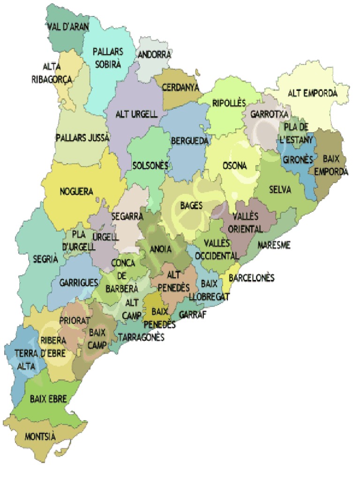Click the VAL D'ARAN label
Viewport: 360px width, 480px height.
(x=68, y=27)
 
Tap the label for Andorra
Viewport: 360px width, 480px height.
(x=154, y=55)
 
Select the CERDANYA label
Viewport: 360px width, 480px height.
(x=180, y=88)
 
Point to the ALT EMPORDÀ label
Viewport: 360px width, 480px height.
(x=312, y=93)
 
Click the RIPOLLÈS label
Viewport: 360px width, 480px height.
(x=229, y=103)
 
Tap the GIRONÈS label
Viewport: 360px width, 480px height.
(x=298, y=160)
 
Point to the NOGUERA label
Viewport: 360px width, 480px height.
(x=76, y=191)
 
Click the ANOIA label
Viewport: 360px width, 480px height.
(x=160, y=249)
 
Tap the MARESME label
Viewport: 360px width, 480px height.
(x=274, y=245)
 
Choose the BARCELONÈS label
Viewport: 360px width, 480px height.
(x=251, y=277)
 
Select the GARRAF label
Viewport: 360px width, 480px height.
(x=193, y=314)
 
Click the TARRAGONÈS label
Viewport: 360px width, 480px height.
(x=141, y=337)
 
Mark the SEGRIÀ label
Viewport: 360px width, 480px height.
(x=45, y=259)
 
